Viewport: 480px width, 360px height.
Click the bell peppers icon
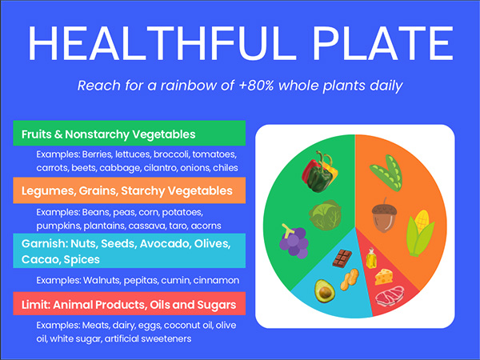[x=319, y=171]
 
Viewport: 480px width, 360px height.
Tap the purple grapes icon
[x=294, y=242]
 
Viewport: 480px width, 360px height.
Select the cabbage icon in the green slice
[x=325, y=215]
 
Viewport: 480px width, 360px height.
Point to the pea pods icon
[x=386, y=173]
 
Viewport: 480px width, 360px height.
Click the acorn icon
[x=384, y=215]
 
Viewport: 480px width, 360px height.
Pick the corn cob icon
[x=420, y=234]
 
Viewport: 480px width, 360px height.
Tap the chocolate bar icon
[x=342, y=258]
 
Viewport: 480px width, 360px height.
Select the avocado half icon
[x=325, y=291]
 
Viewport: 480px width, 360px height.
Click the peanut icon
[x=350, y=279]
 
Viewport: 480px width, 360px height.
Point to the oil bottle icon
[x=371, y=258]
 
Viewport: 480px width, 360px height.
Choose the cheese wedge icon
[x=384, y=277]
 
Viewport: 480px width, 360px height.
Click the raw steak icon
[x=390, y=296]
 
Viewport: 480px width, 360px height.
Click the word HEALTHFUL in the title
[x=162, y=43]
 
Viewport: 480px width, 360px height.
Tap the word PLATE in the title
[x=382, y=43]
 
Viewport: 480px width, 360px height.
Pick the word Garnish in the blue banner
[x=45, y=244]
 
